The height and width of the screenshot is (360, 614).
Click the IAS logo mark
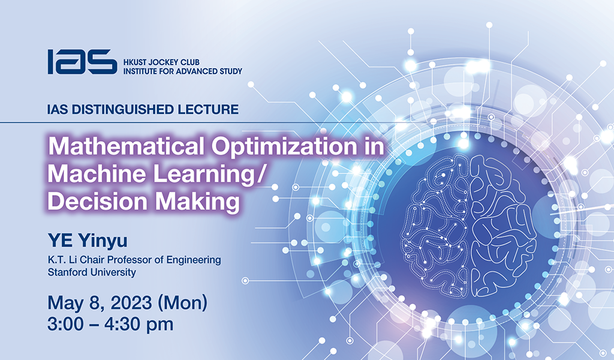point(82,62)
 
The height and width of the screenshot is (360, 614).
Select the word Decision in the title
point(91,202)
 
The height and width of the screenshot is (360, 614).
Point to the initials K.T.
point(59,260)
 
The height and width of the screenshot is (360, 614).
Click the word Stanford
point(68,272)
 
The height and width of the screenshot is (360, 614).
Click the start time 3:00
point(67,325)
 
